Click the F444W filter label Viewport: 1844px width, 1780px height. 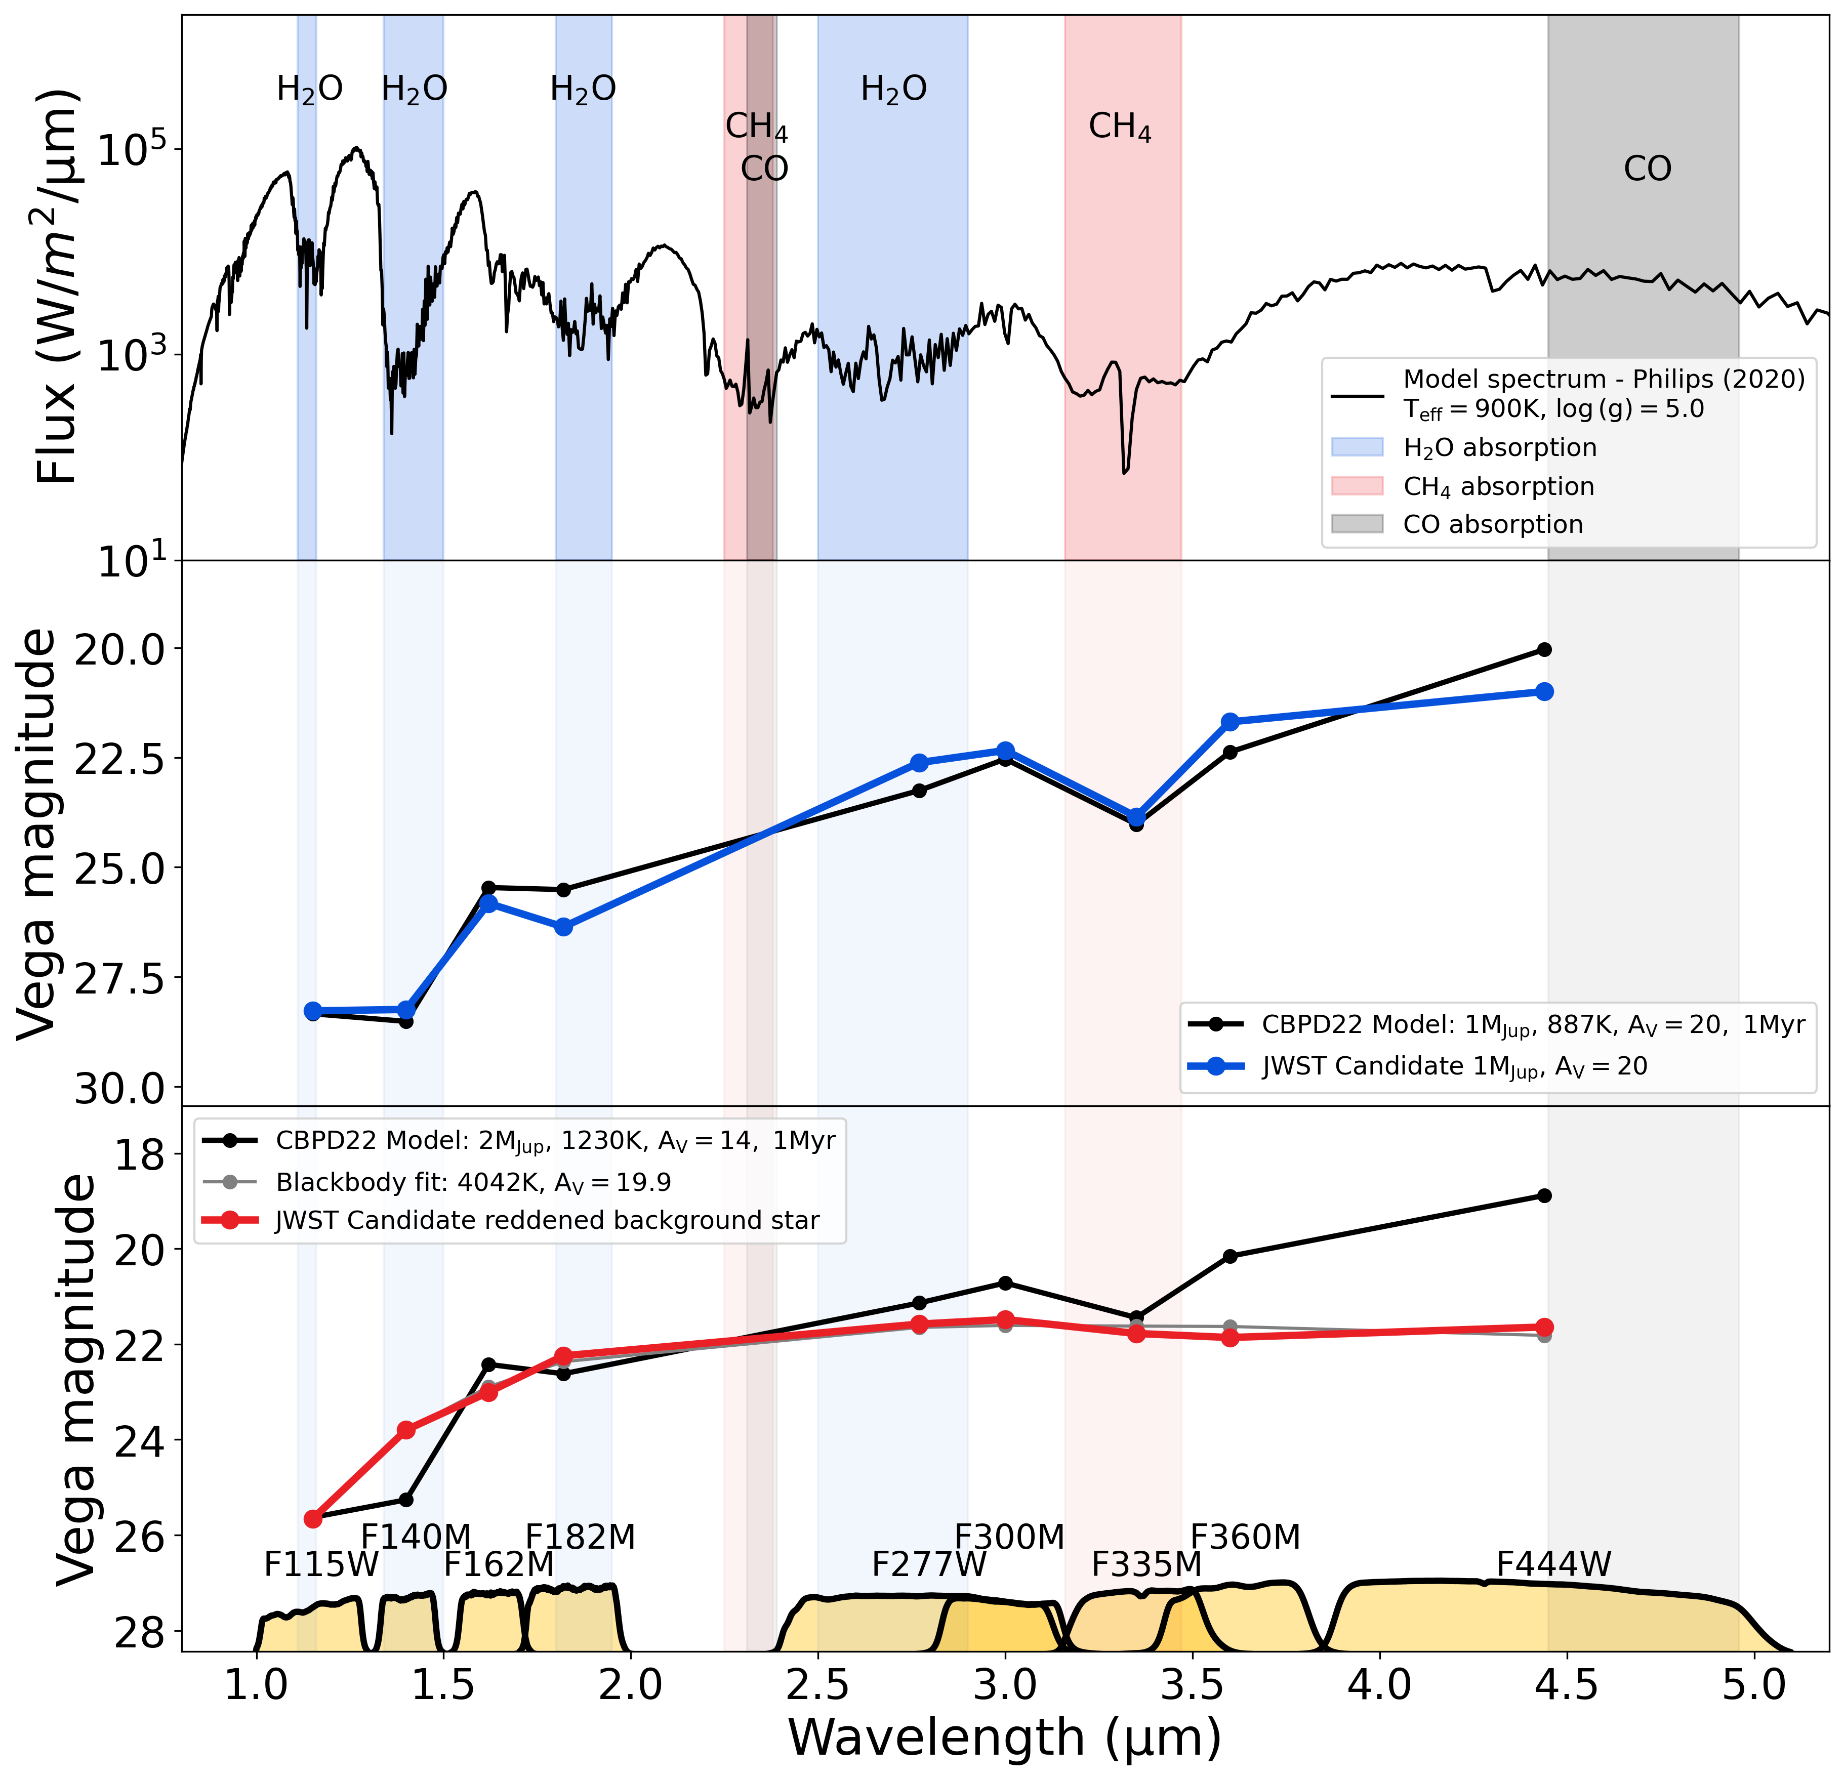click(1553, 1564)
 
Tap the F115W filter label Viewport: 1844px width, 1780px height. click(321, 1564)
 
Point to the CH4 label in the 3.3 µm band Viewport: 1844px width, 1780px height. click(1120, 127)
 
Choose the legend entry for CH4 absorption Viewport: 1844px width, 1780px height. click(1498, 486)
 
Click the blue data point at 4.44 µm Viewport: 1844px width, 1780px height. click(1544, 691)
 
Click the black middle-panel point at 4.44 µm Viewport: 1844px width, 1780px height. click(1544, 649)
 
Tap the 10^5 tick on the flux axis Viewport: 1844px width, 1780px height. click(132, 150)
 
